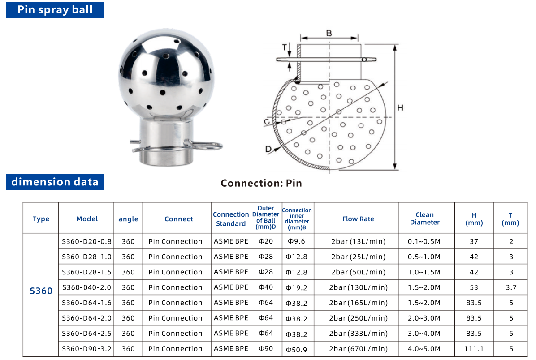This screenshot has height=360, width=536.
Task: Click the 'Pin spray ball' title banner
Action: (x=55, y=10)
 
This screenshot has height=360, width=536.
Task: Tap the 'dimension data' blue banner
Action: (x=55, y=182)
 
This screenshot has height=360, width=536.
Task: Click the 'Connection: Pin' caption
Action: (x=261, y=183)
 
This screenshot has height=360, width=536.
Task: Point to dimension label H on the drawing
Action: (x=400, y=108)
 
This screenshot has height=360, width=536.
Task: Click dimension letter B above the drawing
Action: (x=329, y=33)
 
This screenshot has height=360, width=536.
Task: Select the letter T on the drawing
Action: (x=284, y=47)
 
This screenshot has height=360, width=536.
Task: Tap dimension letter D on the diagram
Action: (x=268, y=149)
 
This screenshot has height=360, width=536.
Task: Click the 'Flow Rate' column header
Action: (x=358, y=219)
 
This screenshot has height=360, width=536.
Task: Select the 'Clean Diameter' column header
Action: (x=424, y=219)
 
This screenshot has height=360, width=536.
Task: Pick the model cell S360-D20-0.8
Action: (x=86, y=241)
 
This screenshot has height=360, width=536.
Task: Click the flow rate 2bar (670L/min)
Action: (x=358, y=349)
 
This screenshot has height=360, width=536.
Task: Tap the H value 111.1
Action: (x=474, y=349)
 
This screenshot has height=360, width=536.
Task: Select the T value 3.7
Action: (x=511, y=287)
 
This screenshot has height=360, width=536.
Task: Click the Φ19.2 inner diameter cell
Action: (x=297, y=288)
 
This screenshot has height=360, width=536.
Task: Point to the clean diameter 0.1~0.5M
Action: (x=424, y=242)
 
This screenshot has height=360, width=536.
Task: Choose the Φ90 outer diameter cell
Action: (x=266, y=349)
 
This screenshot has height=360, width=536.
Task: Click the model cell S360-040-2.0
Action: (x=86, y=287)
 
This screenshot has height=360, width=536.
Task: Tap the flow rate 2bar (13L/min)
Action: (x=358, y=242)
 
